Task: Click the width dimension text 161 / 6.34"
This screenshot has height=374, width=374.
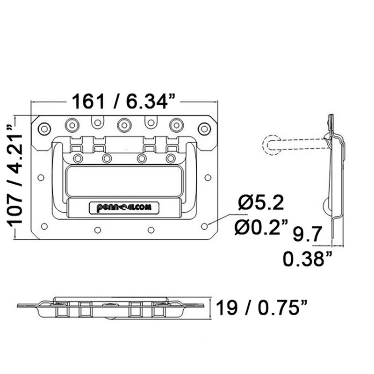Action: (x=123, y=101)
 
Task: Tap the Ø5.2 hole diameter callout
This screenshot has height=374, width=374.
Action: (x=260, y=203)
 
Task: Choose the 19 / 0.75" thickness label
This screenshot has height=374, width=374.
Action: (x=262, y=308)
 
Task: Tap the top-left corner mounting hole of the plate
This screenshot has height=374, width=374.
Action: (x=44, y=128)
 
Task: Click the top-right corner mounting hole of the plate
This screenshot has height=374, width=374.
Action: (x=204, y=128)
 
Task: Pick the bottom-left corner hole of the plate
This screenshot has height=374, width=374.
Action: (x=44, y=226)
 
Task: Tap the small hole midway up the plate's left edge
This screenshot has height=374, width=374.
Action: (x=41, y=178)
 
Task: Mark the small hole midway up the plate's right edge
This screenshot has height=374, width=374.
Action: (x=208, y=178)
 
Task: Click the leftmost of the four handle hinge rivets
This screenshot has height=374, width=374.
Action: (x=78, y=158)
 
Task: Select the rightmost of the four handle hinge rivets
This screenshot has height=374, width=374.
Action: (x=171, y=158)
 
